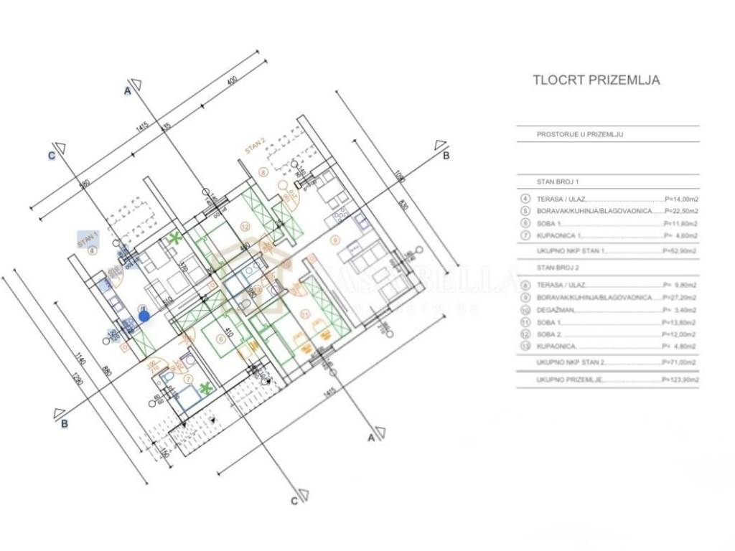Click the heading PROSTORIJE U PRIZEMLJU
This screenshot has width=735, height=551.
(x=579, y=134)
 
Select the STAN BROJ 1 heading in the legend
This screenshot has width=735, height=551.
(x=557, y=182)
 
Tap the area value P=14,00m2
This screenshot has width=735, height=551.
(x=681, y=199)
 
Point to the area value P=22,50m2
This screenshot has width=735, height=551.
(x=681, y=211)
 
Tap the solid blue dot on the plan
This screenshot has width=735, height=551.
(x=144, y=315)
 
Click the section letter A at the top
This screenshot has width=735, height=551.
(x=128, y=91)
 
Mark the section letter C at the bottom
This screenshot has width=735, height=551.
(x=294, y=501)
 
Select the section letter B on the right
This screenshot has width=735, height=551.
(x=446, y=156)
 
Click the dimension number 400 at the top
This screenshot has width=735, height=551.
(x=231, y=80)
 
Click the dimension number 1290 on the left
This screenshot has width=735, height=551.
(x=79, y=378)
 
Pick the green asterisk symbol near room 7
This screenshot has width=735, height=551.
(x=207, y=388)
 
